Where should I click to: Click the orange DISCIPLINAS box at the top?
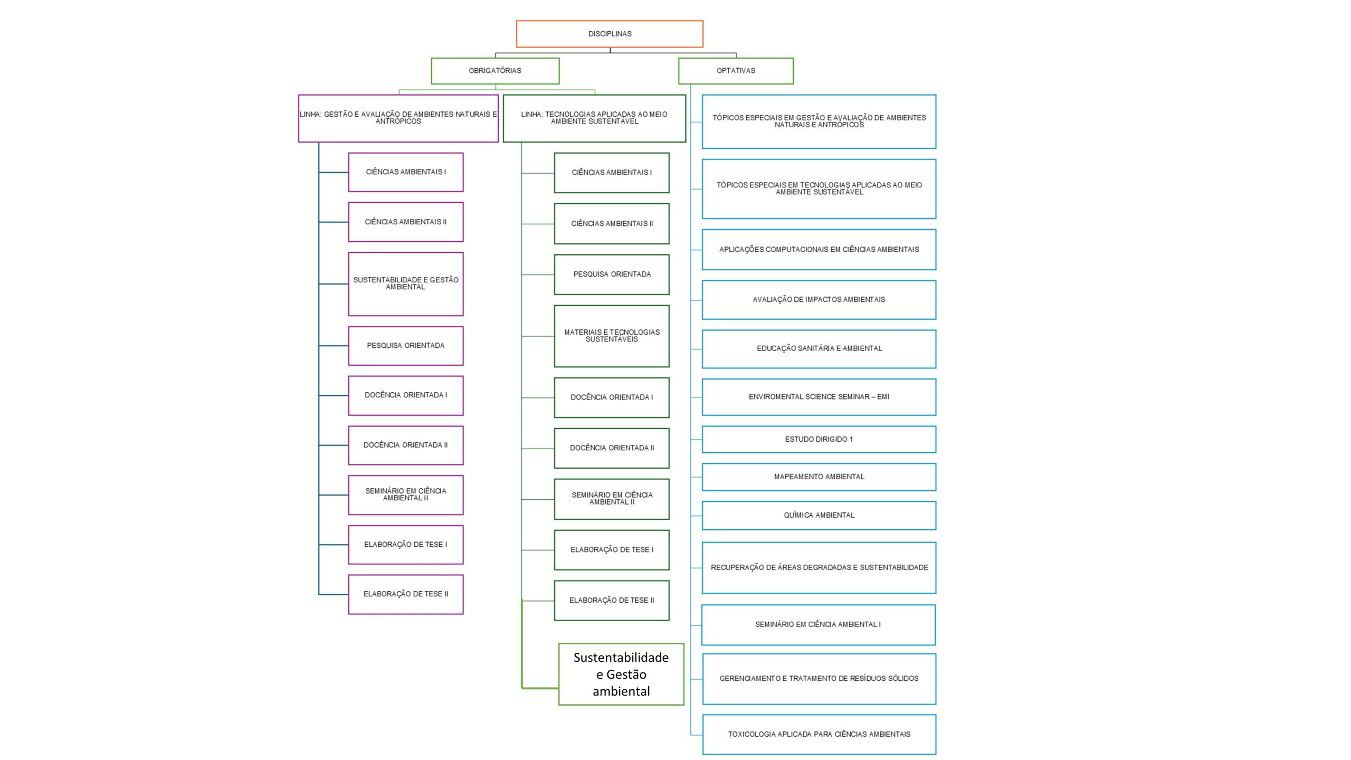[x=610, y=34]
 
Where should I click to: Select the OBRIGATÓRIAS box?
[x=495, y=71]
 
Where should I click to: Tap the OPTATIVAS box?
[x=736, y=71]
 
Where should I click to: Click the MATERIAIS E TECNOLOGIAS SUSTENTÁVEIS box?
[x=612, y=336]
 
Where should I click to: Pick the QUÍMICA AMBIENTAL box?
[x=819, y=515]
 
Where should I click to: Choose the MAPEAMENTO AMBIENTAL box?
[x=819, y=477]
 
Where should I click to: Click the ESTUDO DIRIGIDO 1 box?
[x=819, y=439]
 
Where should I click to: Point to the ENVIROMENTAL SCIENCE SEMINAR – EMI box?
[x=819, y=397]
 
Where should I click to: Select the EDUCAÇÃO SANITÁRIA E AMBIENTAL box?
[x=819, y=349]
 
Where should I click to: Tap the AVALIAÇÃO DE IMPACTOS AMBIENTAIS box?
[x=819, y=300]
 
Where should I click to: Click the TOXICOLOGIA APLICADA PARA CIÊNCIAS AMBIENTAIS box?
[x=819, y=734]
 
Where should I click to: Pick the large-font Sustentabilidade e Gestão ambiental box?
[x=621, y=674]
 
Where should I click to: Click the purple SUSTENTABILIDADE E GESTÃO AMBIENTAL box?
[x=406, y=284]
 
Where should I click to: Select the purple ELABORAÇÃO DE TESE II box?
[x=406, y=594]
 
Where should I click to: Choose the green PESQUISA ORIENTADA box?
[x=612, y=274]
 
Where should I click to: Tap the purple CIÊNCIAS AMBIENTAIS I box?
[x=406, y=172]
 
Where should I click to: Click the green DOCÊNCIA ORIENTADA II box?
[x=612, y=448]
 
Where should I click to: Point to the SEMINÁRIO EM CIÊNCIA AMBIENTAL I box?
[x=819, y=625]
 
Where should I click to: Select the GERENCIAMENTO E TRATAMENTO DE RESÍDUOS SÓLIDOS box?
[x=819, y=679]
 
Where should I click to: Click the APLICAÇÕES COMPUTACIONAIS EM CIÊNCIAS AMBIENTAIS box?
[x=819, y=250]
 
